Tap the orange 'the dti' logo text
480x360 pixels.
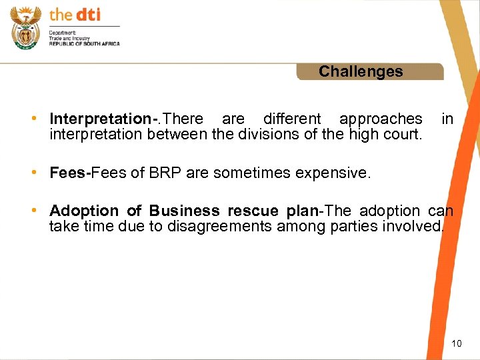coord(75,15)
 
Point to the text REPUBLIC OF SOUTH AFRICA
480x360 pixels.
coord(85,43)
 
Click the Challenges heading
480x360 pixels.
coord(361,71)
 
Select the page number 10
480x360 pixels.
coord(456,343)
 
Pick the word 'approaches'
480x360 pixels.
coord(381,119)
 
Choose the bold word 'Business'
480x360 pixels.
coord(185,211)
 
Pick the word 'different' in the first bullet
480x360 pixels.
coord(292,119)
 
